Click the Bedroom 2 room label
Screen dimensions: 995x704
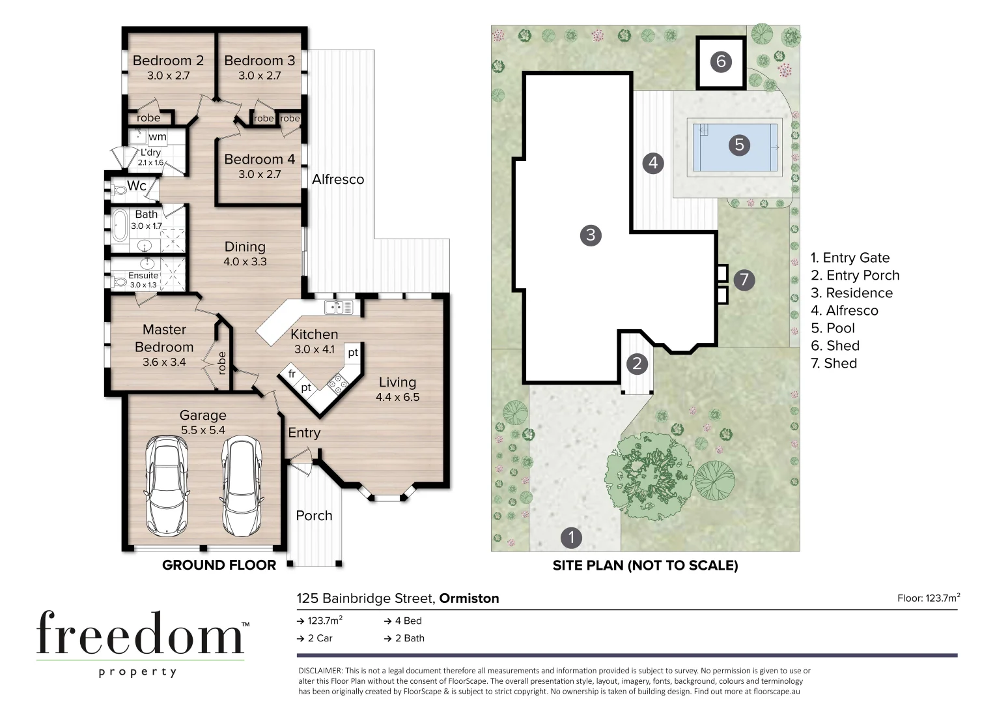[168, 61]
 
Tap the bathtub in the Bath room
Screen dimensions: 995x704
[119, 226]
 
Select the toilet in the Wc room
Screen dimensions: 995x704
[119, 190]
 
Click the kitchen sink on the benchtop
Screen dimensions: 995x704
[339, 307]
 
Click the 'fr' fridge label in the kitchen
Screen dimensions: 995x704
[291, 374]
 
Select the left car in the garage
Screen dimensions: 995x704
[167, 485]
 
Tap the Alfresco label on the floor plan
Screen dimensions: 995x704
[337, 179]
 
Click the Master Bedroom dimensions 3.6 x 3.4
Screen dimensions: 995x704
[164, 362]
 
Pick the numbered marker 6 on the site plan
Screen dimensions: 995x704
[720, 61]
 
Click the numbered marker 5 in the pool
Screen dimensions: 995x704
[739, 145]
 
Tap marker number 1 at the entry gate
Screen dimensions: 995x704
[571, 537]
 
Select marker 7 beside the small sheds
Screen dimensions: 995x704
[744, 280]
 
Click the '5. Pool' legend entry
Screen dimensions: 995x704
[832, 328]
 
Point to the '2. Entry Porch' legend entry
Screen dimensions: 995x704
[855, 275]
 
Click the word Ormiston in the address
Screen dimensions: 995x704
[469, 598]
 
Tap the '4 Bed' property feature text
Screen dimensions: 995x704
[403, 621]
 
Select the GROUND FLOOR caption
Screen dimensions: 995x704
[219, 565]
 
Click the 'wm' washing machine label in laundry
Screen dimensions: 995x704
[157, 137]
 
